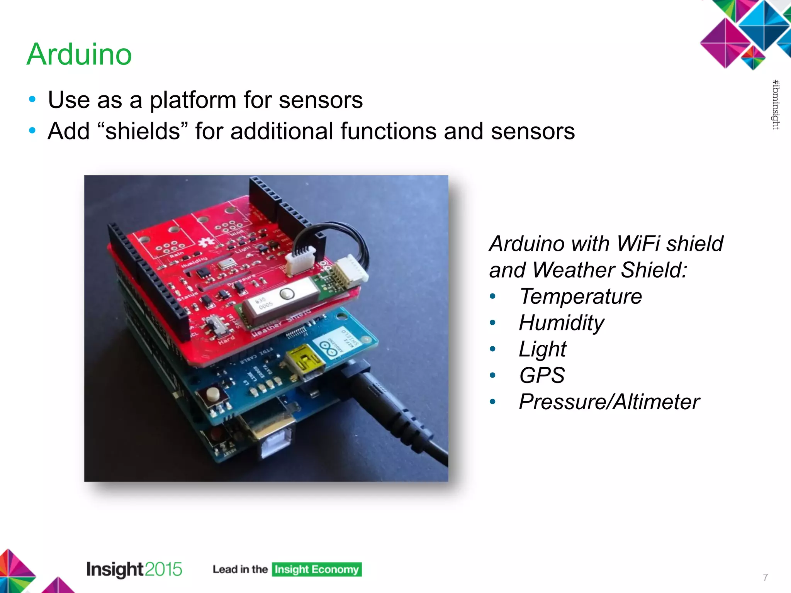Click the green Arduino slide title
[80, 54]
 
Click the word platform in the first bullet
[193, 100]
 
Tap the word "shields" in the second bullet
[143, 131]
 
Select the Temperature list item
[580, 296]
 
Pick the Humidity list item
[561, 323]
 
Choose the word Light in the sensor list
[542, 349]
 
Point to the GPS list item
[541, 375]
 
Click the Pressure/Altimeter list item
[609, 402]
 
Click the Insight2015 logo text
[134, 569]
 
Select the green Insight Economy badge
[317, 569]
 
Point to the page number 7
[765, 577]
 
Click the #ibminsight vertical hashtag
[776, 105]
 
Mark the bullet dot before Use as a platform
[32, 100]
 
